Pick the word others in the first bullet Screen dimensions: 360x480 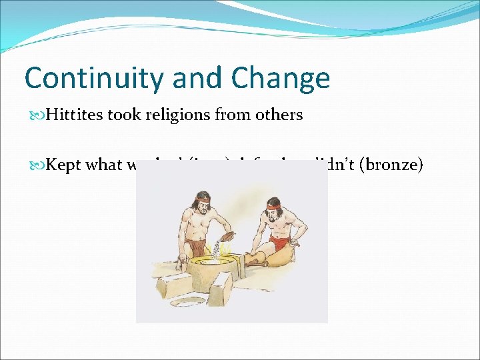point(279,115)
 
